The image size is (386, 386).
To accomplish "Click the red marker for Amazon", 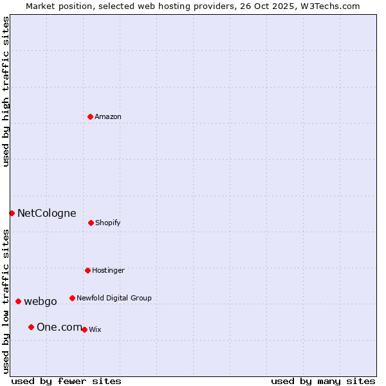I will pos(90,116).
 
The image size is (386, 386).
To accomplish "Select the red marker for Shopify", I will pos(91,223).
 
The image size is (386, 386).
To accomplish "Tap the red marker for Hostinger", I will pos(87,270).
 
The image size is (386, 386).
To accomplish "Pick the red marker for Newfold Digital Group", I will pos(72,298).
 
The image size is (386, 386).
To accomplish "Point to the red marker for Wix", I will pos(84,329).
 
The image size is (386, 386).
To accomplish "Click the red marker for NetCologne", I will pos(12,213).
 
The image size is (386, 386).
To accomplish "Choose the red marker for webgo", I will pos(18,301).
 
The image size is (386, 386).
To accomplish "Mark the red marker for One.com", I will pos(31,327).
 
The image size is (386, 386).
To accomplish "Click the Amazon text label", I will pos(108,116).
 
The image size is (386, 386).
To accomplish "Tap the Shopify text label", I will pos(108,223).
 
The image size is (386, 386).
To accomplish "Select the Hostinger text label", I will pos(108,270).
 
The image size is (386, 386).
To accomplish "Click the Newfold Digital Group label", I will pos(114,298).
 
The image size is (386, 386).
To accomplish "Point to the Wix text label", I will pos(95,329).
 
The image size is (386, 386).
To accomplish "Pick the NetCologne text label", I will pos(46,213).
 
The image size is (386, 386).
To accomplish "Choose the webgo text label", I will pos(41,301).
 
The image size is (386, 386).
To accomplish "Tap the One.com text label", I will pos(59,327).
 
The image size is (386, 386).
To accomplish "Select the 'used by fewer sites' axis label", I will pos(66,381).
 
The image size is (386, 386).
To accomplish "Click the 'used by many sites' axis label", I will pos(323,381).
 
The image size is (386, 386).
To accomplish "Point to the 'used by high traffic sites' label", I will pos(6,91).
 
